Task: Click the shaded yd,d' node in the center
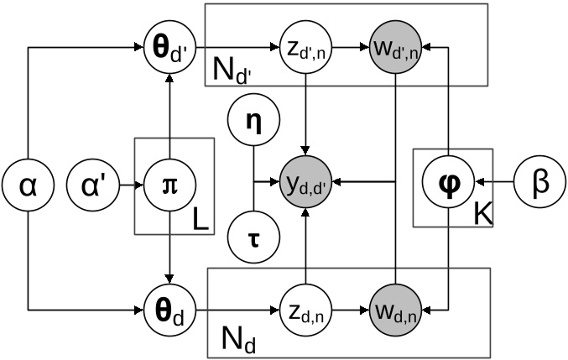(x=306, y=180)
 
